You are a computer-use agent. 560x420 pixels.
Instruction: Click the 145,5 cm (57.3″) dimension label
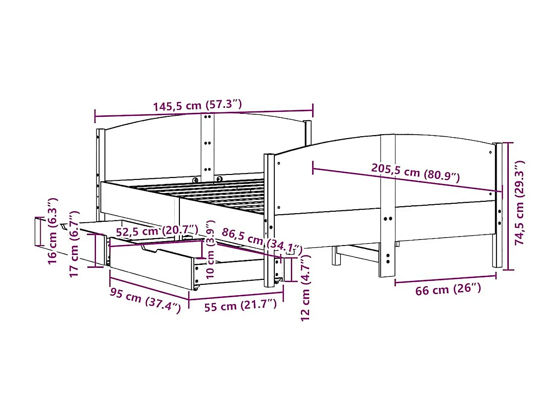pos(197,106)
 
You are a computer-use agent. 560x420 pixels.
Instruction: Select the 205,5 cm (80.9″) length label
pos(415,171)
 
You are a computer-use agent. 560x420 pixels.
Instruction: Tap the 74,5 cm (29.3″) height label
pos(519,203)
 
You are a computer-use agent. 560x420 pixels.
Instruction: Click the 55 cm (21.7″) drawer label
pos(240,305)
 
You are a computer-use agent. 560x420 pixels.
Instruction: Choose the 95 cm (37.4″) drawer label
pos(145,299)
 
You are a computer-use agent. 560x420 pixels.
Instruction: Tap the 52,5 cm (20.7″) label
pos(157,231)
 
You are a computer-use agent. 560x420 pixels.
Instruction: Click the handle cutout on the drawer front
pos(155,250)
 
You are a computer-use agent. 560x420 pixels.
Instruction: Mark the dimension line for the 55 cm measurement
pos(236,295)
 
